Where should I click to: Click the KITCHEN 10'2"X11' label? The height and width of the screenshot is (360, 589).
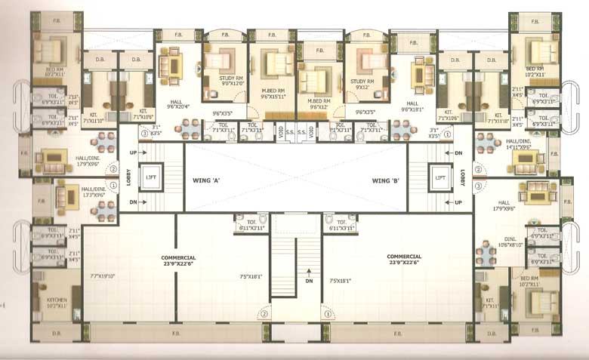click(x=57, y=303)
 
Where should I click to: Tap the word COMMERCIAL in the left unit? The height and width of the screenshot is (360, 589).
click(x=178, y=257)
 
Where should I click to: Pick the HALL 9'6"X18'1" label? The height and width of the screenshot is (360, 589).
click(x=413, y=106)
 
